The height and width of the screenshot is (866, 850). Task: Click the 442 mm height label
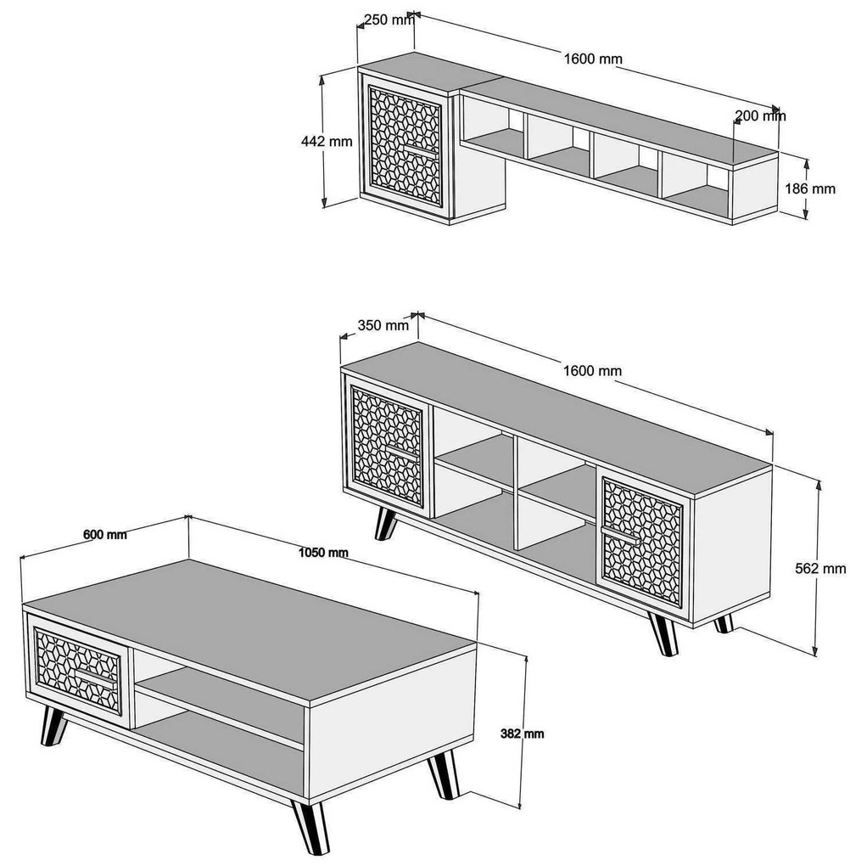point(327,141)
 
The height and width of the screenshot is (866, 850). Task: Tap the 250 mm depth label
point(389,20)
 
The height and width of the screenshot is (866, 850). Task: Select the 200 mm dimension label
point(760,115)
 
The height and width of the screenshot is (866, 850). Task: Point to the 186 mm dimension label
point(810,188)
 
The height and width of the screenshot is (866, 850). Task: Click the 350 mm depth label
point(383,324)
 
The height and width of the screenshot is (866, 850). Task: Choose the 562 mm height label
point(820,568)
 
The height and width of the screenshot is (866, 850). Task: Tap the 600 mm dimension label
point(105,534)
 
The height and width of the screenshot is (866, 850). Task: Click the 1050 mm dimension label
point(323,552)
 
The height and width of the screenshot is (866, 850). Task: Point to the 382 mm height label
point(523,734)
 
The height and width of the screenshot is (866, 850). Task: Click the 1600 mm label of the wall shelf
point(593,59)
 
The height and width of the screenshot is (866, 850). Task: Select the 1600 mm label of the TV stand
point(592,370)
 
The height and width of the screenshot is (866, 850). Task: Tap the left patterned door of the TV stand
point(388,447)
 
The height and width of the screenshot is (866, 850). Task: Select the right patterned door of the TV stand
point(643,542)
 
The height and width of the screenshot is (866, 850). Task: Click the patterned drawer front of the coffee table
point(77,671)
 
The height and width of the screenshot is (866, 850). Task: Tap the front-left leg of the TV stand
point(386,523)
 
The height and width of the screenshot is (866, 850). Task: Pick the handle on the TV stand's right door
point(621,535)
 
